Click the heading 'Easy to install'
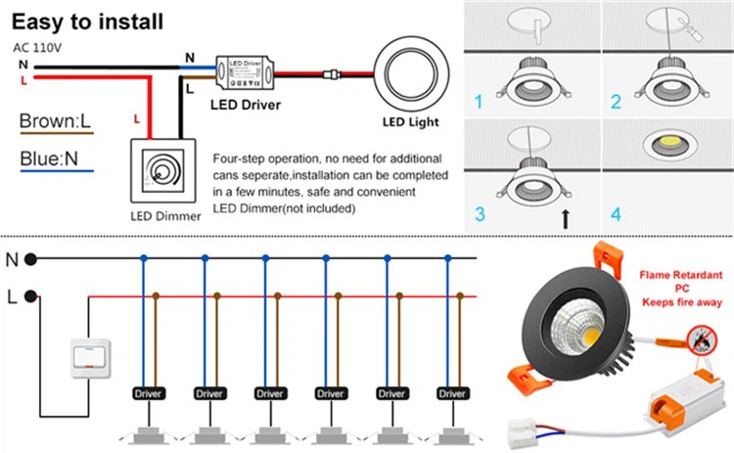[x=88, y=21]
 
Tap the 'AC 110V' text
[x=37, y=46]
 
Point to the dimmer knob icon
[x=163, y=173]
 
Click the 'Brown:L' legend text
[x=55, y=122]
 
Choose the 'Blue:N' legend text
[x=50, y=159]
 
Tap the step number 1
[x=479, y=102]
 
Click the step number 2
[x=616, y=102]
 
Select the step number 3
[x=479, y=213]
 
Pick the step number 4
[x=616, y=213]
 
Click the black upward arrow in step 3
[x=566, y=217]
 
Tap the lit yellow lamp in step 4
[x=667, y=143]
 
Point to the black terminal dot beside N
[x=31, y=259]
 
